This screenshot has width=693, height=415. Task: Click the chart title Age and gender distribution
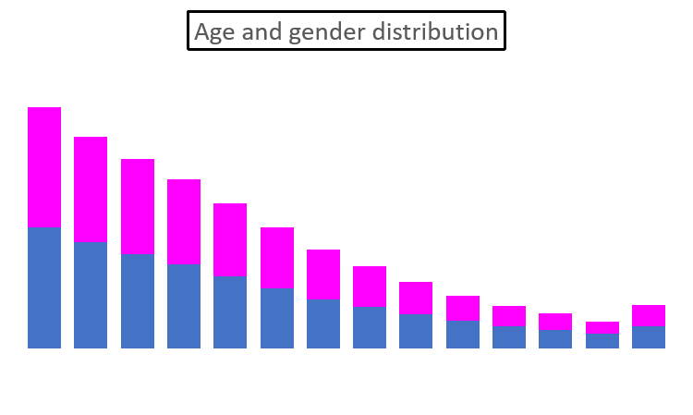[346, 31]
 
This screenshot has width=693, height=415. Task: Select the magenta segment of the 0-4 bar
[44, 166]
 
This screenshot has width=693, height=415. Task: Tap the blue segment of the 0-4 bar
[44, 287]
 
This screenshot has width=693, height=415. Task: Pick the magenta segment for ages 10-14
[138, 206]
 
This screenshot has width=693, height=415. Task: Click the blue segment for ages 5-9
[91, 294]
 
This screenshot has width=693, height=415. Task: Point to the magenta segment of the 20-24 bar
[230, 239]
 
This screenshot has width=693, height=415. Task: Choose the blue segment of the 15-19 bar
[184, 305]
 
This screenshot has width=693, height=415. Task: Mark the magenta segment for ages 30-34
[323, 274]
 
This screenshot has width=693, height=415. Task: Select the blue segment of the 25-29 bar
[277, 317]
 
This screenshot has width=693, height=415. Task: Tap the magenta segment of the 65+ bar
[649, 315]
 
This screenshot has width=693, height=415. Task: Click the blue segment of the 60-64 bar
[602, 340]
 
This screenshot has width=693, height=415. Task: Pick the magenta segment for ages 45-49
[463, 308]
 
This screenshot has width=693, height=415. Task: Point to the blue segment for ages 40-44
[416, 330]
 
